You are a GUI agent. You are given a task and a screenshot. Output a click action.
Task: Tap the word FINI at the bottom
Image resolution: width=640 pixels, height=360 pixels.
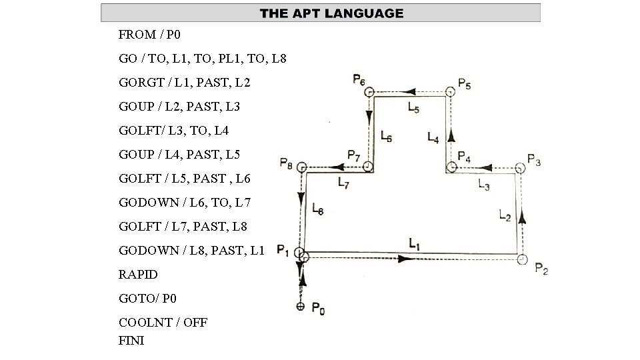click(131, 341)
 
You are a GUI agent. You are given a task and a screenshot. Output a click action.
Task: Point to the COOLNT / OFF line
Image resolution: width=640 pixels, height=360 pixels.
click(163, 323)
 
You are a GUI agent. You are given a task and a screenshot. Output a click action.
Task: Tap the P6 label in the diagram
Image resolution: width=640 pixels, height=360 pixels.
click(358, 81)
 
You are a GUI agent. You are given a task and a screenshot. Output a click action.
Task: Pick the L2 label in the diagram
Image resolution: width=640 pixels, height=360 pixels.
click(505, 215)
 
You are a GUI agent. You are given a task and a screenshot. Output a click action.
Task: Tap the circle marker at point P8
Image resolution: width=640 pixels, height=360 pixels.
click(301, 167)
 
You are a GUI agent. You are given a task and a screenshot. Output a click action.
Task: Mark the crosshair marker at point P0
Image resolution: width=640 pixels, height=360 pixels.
click(301, 306)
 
